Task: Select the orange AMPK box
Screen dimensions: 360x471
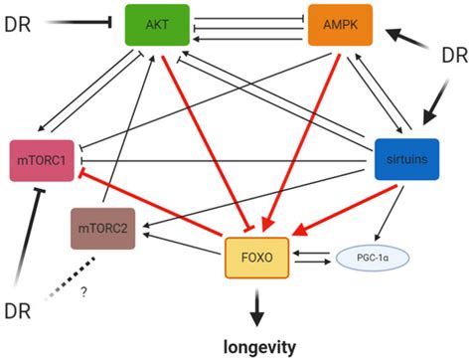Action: (340, 25)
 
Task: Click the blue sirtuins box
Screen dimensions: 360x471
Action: (404, 159)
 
